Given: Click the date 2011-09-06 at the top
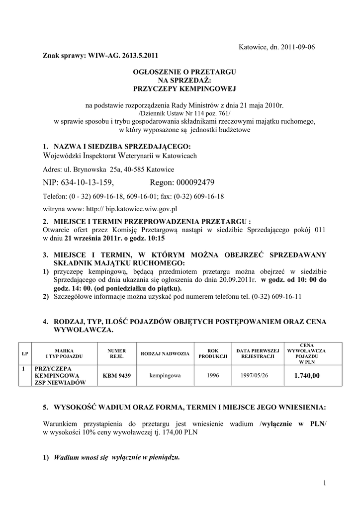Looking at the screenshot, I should (x=298, y=47).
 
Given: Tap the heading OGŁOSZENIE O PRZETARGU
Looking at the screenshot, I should (x=184, y=72).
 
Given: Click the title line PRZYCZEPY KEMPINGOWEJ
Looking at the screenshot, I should (x=184, y=88).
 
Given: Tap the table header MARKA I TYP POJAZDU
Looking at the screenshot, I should (x=64, y=353).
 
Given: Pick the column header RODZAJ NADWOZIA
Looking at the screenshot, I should (x=165, y=353).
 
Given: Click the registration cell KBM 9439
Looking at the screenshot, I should (x=116, y=376).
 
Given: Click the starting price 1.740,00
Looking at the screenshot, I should (x=307, y=376).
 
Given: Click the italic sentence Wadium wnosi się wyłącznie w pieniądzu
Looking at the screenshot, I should (x=117, y=457).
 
